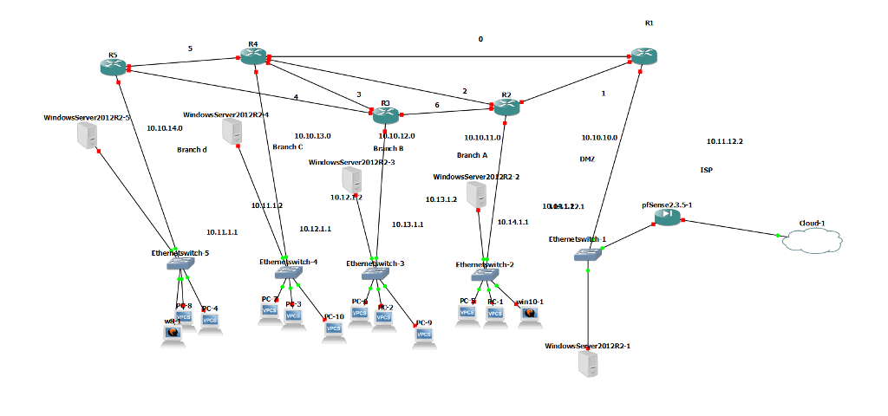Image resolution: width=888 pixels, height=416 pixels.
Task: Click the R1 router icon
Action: [x=643, y=56]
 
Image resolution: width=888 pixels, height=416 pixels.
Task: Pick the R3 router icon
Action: [x=385, y=114]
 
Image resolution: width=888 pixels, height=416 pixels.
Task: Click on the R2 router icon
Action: [x=506, y=107]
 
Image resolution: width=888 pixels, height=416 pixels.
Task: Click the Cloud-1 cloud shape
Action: [x=813, y=239]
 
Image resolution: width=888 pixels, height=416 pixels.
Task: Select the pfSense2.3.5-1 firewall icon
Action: [x=667, y=218]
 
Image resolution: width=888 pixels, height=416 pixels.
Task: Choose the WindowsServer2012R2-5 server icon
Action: [x=87, y=136]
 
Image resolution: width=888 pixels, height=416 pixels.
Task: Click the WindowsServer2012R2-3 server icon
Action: [x=351, y=180]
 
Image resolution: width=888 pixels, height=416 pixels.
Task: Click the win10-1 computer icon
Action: [x=529, y=313]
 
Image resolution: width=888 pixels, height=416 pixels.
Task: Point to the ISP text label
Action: [x=706, y=170]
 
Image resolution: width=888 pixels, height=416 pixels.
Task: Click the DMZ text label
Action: [x=587, y=159]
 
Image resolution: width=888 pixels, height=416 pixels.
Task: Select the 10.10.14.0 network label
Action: [x=164, y=127]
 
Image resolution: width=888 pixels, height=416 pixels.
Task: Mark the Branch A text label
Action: [x=472, y=155]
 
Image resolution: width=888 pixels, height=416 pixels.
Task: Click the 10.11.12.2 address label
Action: [x=724, y=141]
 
